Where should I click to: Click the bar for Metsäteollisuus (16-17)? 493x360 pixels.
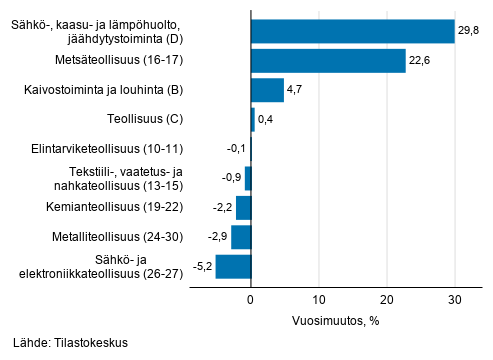tap(328, 62)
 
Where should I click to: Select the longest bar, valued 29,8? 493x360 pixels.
tap(352, 32)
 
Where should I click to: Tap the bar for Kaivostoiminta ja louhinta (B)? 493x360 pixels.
tap(267, 91)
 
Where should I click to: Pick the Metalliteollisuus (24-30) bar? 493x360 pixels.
tap(241, 238)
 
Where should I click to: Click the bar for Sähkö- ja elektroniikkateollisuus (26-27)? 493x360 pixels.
tap(233, 267)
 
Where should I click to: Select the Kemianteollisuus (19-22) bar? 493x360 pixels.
tap(243, 208)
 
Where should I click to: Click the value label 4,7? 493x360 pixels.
tap(295, 91)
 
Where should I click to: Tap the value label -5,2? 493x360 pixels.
tap(200, 267)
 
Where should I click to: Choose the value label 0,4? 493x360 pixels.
tap(266, 121)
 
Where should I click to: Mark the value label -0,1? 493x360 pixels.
tap(235, 150)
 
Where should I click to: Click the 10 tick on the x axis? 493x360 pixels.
tap(319, 299)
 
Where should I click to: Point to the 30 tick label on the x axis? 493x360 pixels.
tap(455, 299)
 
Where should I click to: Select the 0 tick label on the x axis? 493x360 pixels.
tap(251, 299)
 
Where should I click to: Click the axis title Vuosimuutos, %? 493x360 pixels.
tap(336, 321)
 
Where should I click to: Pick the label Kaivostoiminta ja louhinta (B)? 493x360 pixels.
tap(105, 91)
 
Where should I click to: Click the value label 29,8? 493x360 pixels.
tap(468, 32)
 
